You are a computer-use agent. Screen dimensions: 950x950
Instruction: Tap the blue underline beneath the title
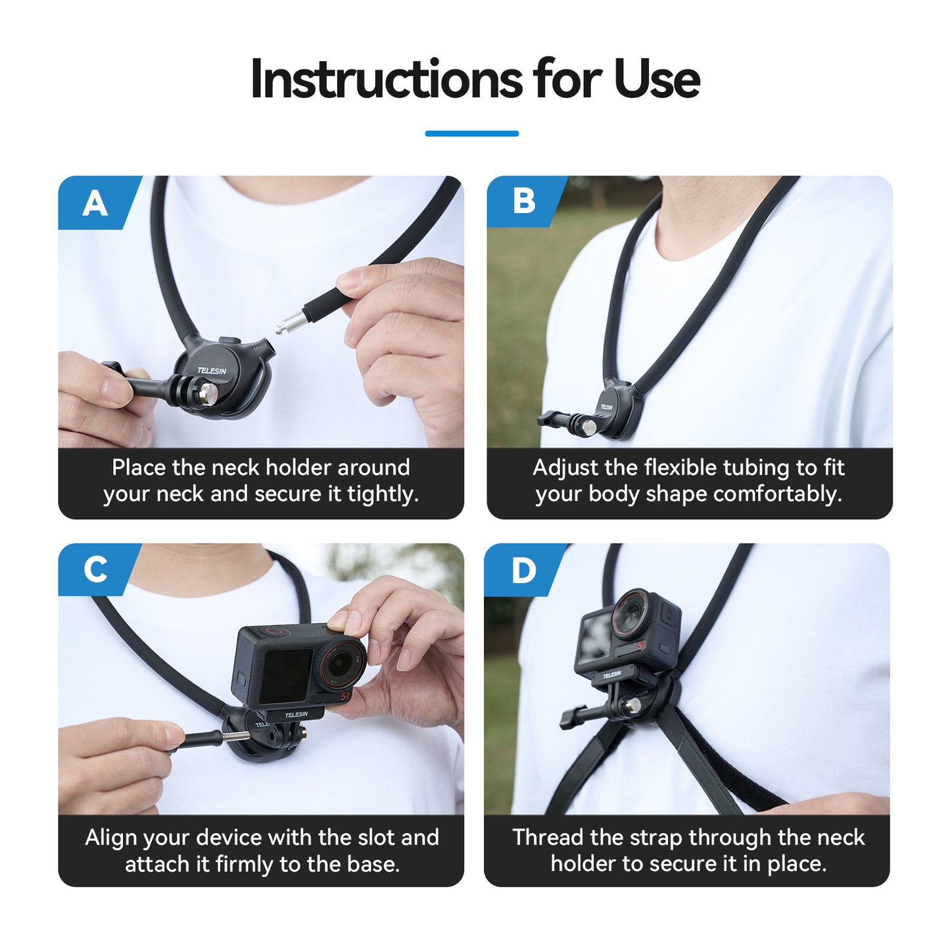coord(471,133)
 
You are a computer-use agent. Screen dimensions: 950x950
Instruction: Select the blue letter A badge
coord(95,203)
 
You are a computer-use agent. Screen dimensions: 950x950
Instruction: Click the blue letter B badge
coord(523,201)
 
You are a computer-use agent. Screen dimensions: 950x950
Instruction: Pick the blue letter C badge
coord(95,569)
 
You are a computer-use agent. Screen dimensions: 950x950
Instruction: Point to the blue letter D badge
coord(523,570)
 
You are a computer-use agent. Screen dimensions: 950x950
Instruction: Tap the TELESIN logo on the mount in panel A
coord(212,371)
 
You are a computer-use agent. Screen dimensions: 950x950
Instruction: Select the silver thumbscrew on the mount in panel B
coord(590,427)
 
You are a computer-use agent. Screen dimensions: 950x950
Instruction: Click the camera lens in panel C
coord(341,663)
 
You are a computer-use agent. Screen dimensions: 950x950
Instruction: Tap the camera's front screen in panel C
coord(286,675)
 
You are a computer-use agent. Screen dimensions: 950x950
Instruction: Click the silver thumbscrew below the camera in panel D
coord(633,706)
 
